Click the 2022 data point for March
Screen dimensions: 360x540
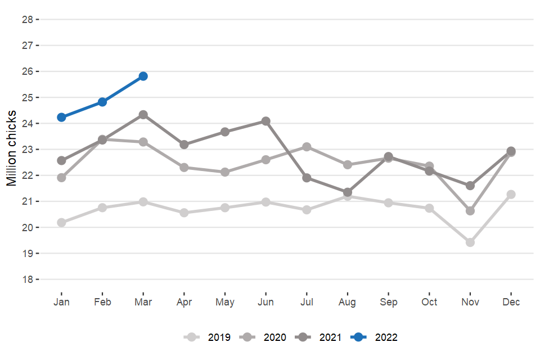click(143, 76)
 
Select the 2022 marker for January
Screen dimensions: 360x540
click(61, 117)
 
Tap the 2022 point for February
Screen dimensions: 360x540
click(102, 102)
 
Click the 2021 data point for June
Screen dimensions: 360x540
click(266, 121)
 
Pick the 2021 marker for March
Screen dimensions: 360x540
click(143, 115)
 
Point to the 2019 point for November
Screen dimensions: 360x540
click(470, 242)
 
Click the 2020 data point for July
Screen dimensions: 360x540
click(307, 147)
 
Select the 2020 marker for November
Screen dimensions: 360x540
click(470, 211)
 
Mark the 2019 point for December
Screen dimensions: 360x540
click(511, 194)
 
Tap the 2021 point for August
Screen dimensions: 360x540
click(348, 192)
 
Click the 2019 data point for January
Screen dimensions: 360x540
click(61, 222)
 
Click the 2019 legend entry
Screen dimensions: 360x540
click(207, 337)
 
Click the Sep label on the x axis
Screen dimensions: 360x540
click(389, 302)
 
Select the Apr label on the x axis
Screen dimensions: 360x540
click(184, 302)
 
